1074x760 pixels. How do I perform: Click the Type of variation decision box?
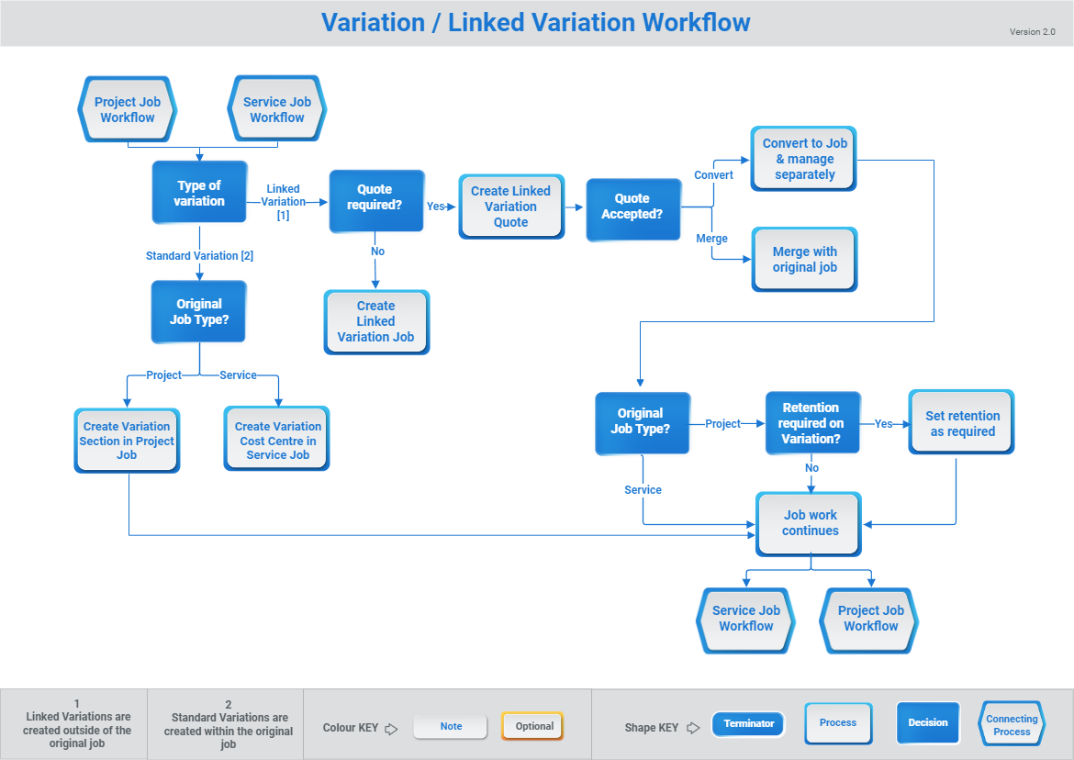[199, 193]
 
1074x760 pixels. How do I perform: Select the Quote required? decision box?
[375, 200]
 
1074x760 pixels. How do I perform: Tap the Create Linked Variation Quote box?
[511, 207]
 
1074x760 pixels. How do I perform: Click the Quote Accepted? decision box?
[632, 208]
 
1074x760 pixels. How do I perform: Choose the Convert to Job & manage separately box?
[804, 159]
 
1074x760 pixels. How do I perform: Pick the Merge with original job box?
[804, 259]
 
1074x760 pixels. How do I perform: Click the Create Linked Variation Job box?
[376, 321]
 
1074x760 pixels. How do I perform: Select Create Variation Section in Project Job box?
[127, 440]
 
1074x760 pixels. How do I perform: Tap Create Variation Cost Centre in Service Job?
[277, 440]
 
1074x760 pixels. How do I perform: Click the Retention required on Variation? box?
[811, 423]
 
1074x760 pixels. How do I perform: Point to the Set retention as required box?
[962, 423]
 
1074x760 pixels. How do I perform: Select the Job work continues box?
[810, 523]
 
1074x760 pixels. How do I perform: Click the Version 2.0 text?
[1032, 32]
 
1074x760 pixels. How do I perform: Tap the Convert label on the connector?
[713, 175]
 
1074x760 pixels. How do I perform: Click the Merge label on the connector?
[711, 239]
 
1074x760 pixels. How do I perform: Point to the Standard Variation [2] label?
[199, 256]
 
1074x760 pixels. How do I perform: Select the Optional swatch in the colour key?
[533, 726]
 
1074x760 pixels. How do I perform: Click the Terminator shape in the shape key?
[749, 724]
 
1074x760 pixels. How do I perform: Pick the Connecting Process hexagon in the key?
[1012, 725]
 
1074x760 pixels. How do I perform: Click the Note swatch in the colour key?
[451, 726]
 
